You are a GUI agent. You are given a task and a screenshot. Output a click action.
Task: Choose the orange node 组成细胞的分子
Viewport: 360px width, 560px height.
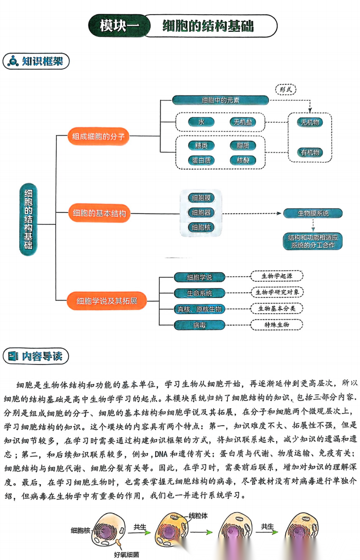(x=98, y=136)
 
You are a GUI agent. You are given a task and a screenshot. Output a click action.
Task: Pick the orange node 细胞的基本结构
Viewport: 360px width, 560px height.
(x=98, y=213)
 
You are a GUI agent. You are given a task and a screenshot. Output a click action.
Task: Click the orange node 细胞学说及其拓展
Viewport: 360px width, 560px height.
(x=107, y=301)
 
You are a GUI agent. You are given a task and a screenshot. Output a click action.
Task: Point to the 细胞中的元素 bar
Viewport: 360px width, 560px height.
(x=221, y=100)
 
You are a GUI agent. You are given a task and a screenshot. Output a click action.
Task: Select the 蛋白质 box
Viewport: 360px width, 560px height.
(x=201, y=160)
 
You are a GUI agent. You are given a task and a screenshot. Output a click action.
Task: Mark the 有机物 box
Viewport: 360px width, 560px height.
(x=310, y=152)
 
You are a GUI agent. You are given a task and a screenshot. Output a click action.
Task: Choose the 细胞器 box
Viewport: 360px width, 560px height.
(x=201, y=212)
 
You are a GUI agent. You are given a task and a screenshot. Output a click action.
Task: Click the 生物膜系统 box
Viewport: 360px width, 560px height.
(x=313, y=213)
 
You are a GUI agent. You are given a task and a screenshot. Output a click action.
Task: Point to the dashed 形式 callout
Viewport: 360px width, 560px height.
(x=286, y=89)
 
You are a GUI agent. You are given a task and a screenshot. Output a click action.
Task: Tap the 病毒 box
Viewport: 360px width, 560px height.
(x=199, y=325)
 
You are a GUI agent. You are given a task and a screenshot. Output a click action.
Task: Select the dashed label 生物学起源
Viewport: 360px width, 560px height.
(x=276, y=276)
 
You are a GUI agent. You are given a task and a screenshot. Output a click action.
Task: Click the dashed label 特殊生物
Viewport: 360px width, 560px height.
(x=276, y=325)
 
